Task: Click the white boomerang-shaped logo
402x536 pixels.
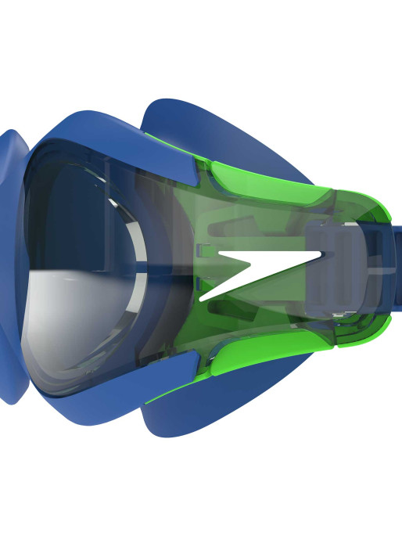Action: point(250,270)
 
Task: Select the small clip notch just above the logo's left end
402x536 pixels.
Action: point(205,250)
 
